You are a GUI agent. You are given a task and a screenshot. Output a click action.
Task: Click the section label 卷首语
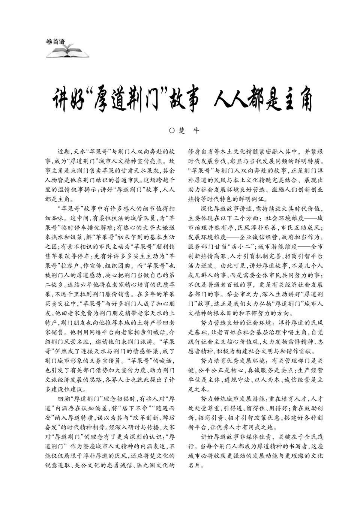[x=55, y=42]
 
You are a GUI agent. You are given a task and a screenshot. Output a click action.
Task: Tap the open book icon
[x=68, y=52]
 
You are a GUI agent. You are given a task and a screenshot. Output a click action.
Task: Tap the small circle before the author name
[x=172, y=131]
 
